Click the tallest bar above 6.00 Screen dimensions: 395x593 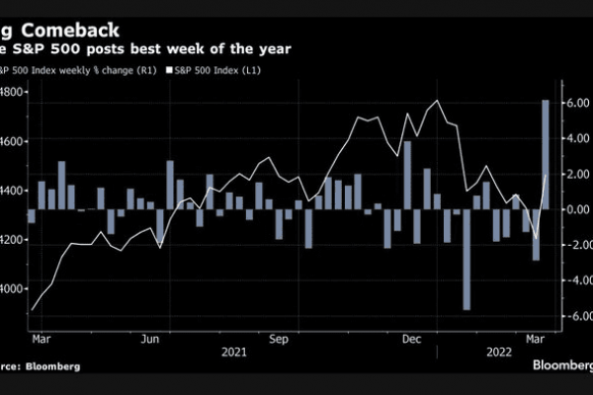pos(546,154)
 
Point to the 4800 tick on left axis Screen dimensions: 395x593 pos(13,93)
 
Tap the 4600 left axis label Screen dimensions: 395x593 pos(13,141)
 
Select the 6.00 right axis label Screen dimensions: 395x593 pos(576,103)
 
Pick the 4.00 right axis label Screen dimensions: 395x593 pos(576,138)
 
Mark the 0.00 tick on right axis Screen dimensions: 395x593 pos(576,209)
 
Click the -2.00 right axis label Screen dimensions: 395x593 pos(574,245)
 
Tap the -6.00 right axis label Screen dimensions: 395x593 pos(574,316)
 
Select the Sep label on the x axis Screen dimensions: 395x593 pos(280,338)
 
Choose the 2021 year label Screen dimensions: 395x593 pos(233,352)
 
